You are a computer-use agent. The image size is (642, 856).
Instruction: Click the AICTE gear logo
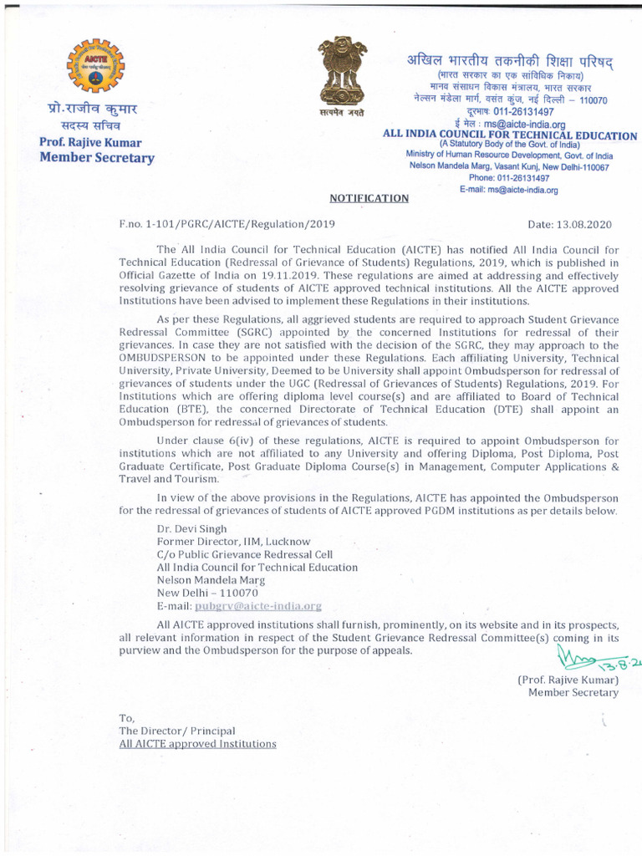(94, 69)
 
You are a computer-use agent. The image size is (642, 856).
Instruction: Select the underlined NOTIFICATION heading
(369, 198)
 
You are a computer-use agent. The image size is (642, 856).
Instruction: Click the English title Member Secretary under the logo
(97, 158)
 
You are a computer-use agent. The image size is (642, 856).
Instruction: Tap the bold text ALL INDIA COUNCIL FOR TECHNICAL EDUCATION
(509, 135)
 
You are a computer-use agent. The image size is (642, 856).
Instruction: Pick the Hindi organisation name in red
(509, 63)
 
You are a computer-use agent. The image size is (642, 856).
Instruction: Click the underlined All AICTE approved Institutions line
(197, 743)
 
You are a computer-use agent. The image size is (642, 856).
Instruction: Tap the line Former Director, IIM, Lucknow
(233, 542)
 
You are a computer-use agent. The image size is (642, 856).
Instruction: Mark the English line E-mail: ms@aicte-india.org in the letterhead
(508, 190)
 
